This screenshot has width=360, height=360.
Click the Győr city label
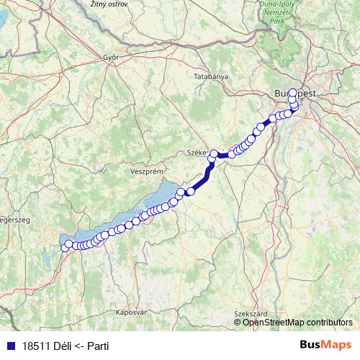point(110,57)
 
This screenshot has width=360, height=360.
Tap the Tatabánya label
point(211,76)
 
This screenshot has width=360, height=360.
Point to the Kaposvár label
point(131,312)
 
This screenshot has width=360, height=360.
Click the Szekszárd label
point(251,314)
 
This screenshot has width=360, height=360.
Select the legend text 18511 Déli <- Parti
point(65,345)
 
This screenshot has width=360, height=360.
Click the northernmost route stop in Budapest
point(292,93)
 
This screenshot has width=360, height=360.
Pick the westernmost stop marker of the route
point(65,247)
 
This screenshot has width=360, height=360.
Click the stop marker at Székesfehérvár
point(214,153)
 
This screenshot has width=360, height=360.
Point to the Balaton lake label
point(134,212)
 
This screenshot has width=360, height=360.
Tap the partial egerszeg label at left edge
point(13,220)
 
